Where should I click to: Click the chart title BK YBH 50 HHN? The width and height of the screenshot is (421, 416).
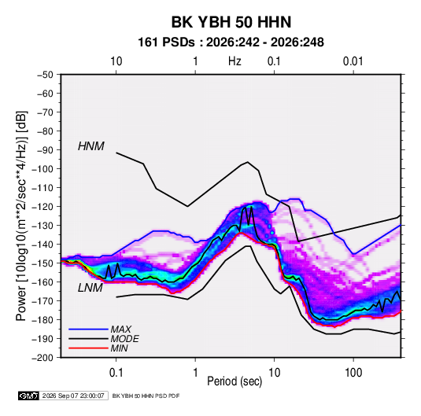click(231, 22)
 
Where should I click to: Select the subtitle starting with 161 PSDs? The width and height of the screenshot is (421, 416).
click(231, 42)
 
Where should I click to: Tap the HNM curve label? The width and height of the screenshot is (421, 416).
click(91, 146)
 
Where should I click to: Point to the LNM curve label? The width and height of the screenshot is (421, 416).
click(90, 288)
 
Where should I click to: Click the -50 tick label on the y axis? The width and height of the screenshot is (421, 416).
click(46, 75)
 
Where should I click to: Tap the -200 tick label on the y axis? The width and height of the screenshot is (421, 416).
click(43, 358)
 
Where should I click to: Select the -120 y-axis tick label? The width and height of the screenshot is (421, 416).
click(43, 207)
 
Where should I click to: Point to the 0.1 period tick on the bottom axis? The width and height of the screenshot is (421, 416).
click(116, 373)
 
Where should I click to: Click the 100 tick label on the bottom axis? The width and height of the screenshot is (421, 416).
click(353, 373)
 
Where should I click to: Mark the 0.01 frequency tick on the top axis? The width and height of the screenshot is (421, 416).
click(353, 61)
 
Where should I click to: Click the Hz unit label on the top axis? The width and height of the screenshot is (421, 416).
click(235, 61)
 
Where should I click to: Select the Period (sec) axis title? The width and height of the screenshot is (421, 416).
click(235, 381)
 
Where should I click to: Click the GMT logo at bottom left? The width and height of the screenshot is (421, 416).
click(28, 396)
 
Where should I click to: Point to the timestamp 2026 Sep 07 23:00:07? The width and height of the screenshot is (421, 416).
click(73, 396)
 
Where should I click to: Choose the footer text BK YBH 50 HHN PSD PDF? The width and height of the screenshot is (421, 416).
click(146, 396)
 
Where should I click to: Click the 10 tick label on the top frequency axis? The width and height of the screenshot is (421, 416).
click(116, 61)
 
